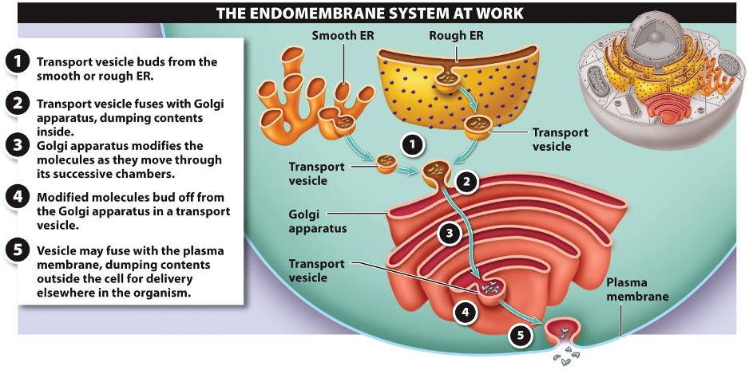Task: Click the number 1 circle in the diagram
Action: tap(410, 145)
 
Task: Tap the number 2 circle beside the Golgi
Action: tap(466, 182)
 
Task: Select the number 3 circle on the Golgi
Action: tap(450, 234)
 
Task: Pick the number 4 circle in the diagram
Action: tap(466, 311)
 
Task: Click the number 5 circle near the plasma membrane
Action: tap(520, 336)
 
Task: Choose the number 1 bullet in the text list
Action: tap(16, 62)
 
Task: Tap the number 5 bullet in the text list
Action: tap(16, 250)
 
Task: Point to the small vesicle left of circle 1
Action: tap(386, 166)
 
